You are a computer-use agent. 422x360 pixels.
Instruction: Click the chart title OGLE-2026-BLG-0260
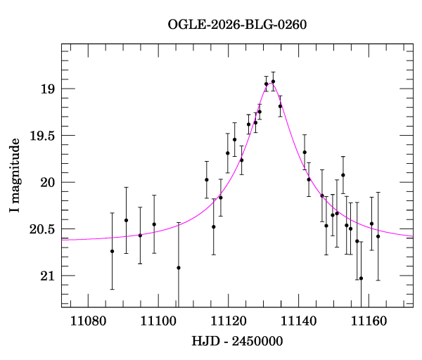tap(237, 25)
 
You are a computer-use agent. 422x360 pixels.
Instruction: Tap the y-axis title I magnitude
tap(15, 175)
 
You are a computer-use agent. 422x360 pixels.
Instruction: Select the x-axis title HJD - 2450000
tap(237, 341)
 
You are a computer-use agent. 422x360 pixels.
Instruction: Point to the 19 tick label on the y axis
tap(48, 89)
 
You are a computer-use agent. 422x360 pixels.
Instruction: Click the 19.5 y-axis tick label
tap(42, 136)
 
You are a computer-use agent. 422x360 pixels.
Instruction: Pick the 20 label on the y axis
tap(48, 183)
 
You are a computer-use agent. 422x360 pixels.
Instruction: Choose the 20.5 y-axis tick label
tap(42, 229)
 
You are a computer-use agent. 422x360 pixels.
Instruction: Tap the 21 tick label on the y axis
tap(48, 276)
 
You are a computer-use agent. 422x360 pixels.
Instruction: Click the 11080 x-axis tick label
tap(89, 321)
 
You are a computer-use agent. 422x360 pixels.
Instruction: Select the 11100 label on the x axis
tap(158, 321)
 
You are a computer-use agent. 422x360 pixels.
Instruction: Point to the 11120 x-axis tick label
tap(229, 321)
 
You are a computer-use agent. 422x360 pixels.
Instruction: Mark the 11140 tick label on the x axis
tap(299, 321)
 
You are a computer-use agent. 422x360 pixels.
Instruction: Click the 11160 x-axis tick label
tap(369, 321)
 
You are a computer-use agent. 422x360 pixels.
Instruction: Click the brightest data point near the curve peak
tap(273, 82)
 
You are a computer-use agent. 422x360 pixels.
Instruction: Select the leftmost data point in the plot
tap(113, 251)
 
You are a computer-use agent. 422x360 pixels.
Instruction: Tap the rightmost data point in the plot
tap(378, 236)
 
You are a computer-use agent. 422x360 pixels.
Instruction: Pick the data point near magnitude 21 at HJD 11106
tap(179, 268)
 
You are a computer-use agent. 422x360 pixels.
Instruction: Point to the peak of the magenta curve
tap(271, 84)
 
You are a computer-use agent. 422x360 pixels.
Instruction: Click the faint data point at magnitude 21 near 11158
tap(362, 278)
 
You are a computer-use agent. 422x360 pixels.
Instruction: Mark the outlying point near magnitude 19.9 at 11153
tap(343, 175)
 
